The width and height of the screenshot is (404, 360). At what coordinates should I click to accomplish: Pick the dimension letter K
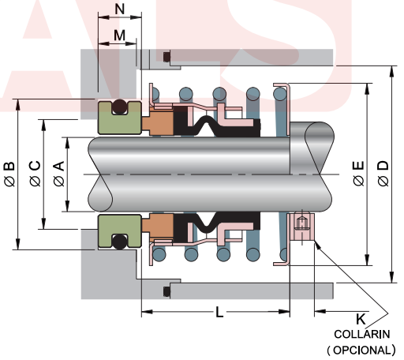[x=361, y=319]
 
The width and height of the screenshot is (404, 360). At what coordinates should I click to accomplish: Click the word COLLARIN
[x=361, y=333]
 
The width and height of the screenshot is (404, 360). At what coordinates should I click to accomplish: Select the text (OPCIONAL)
[x=361, y=348]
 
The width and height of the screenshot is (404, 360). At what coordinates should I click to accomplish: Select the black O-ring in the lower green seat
[x=118, y=241]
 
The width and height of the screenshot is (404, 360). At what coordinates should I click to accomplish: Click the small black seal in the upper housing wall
[x=166, y=57]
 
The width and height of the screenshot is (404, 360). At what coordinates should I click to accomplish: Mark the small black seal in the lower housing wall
[x=166, y=292]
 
